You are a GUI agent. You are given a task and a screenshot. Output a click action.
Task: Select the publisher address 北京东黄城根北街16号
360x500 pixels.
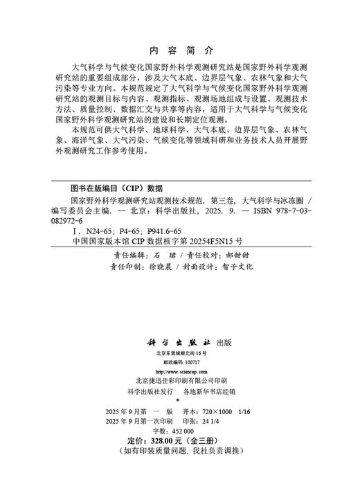(x=181, y=353)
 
